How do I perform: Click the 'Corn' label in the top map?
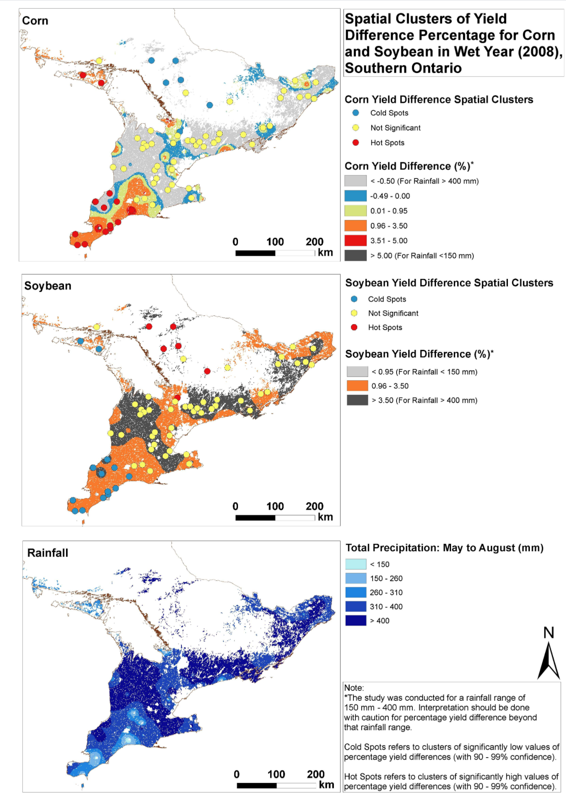35,21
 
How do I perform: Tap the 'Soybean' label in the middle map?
48,286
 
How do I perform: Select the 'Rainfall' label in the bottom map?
48,553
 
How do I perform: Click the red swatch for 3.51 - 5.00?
355,241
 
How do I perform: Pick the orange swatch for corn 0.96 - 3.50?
355,226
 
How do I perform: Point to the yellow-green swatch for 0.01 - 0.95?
355,211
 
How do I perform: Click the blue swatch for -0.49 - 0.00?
355,196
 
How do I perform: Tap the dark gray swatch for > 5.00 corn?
355,256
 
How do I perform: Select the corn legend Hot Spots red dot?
355,143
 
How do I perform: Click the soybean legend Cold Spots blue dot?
354,299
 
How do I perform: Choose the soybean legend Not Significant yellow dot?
354,313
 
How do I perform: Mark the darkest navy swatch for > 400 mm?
356,621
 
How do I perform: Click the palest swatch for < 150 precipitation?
356,564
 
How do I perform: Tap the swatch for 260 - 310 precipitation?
356,592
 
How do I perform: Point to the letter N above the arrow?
549,633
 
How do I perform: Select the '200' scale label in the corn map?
314,242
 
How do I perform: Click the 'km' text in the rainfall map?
326,785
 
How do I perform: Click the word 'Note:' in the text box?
354,688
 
